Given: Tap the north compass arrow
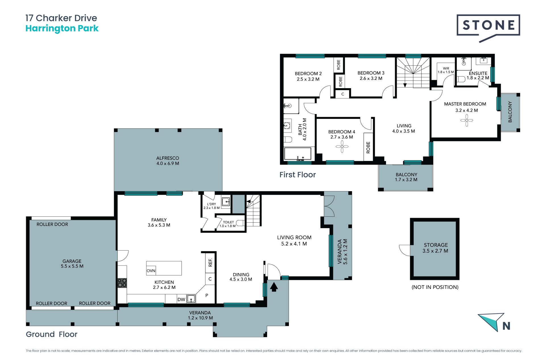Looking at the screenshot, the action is pyautogui.click(x=491, y=321).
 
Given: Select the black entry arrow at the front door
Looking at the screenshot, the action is pyautogui.click(x=274, y=287).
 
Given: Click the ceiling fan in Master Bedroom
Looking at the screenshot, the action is pyautogui.click(x=467, y=120).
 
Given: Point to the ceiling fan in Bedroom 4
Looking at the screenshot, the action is pyautogui.click(x=342, y=147).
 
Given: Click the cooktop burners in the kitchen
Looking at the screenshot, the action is pyautogui.click(x=122, y=283).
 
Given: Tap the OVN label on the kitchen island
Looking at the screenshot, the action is pyautogui.click(x=151, y=271).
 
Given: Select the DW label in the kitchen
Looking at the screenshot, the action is pyautogui.click(x=181, y=299).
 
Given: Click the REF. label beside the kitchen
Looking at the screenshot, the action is pyautogui.click(x=210, y=262).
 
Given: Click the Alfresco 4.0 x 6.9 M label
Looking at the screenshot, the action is pyautogui.click(x=168, y=161).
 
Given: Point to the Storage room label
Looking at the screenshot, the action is pyautogui.click(x=436, y=248).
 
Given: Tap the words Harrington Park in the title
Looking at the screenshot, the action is pyautogui.click(x=62, y=28).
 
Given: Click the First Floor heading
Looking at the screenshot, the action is pyautogui.click(x=297, y=175).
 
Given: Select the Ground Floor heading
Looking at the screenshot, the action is pyautogui.click(x=51, y=334).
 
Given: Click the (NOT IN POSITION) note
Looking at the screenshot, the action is pyautogui.click(x=435, y=287).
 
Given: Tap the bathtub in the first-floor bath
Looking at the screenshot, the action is pyautogui.click(x=298, y=154).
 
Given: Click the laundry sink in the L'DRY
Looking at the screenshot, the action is pyautogui.click(x=226, y=202).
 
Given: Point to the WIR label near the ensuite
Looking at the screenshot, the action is pyautogui.click(x=446, y=68).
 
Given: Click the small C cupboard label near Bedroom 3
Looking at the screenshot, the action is pyautogui.click(x=343, y=94).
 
